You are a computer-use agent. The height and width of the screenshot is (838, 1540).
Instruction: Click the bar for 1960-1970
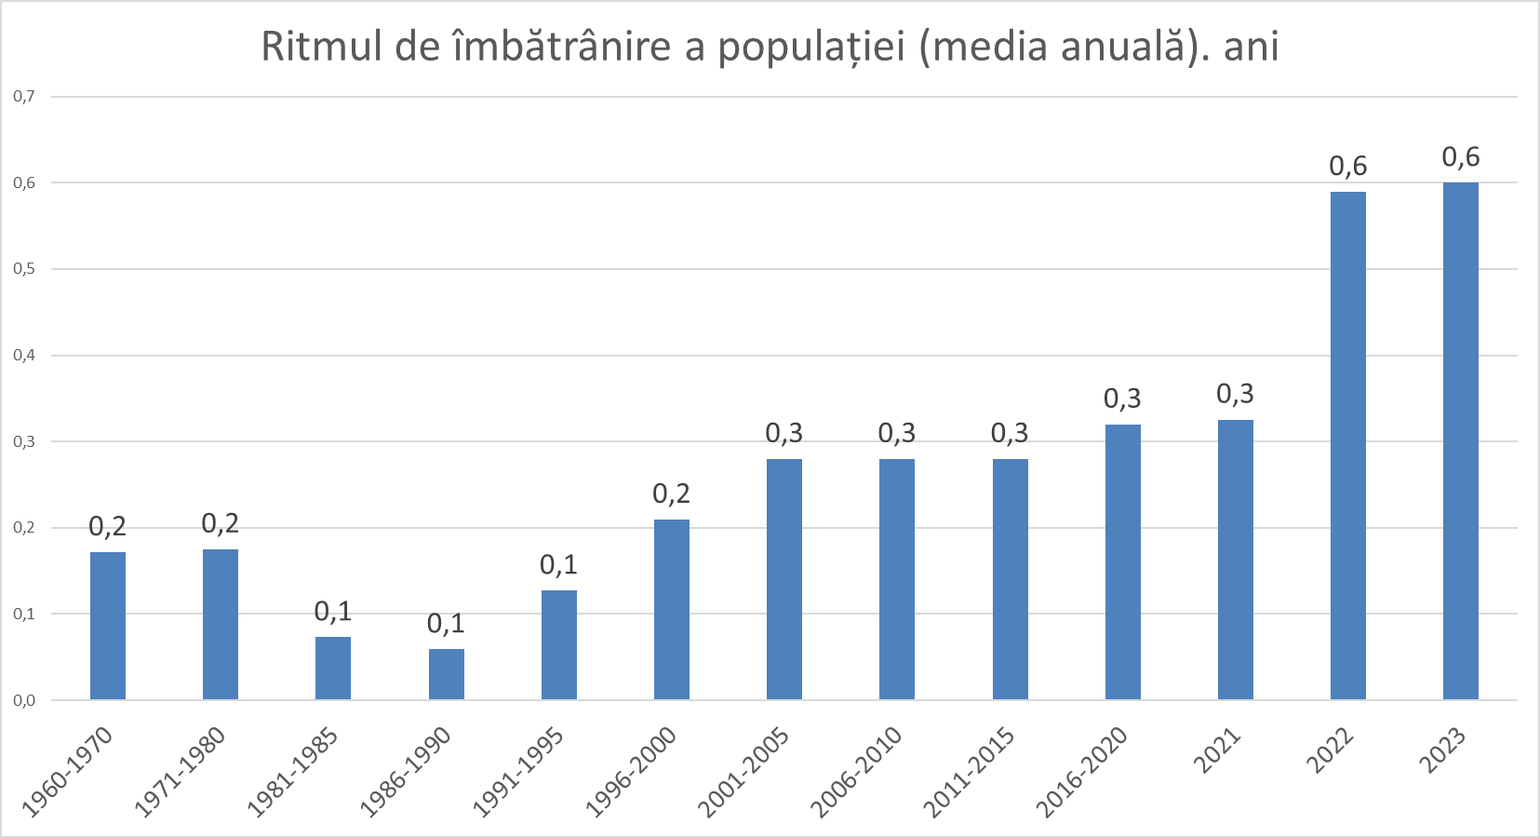coord(108,626)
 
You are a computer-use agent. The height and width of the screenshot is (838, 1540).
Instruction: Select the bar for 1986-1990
coord(447,674)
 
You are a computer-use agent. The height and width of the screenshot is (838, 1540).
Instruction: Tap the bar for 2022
coord(1348,445)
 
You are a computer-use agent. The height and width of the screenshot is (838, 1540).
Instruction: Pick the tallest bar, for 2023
coord(1461,440)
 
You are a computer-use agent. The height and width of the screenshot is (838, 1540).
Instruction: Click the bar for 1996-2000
coord(672,609)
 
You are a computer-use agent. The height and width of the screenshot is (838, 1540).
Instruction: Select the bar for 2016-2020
coord(1123,561)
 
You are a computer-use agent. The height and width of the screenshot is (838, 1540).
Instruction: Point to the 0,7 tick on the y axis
coord(24,96)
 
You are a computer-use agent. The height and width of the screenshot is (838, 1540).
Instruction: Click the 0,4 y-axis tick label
coord(24,355)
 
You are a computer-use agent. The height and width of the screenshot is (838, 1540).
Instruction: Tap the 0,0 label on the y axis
coord(24,700)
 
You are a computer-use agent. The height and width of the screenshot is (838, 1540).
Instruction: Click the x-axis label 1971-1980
coord(181,772)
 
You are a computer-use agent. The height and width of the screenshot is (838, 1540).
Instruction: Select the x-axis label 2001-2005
coord(744,772)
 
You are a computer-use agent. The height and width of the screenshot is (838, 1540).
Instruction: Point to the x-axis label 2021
coord(1218,750)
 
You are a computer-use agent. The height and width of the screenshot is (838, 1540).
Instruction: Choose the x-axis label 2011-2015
coord(970,772)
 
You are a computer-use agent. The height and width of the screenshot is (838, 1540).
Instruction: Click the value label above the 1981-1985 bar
coord(333,612)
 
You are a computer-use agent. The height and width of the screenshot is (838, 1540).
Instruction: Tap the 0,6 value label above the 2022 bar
coord(1348,166)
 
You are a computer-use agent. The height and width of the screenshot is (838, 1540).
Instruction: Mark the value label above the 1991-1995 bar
coord(558,565)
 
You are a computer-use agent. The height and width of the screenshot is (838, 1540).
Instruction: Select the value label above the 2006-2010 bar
coord(897,433)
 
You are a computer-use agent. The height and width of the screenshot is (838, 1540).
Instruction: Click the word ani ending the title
coord(1251,47)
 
